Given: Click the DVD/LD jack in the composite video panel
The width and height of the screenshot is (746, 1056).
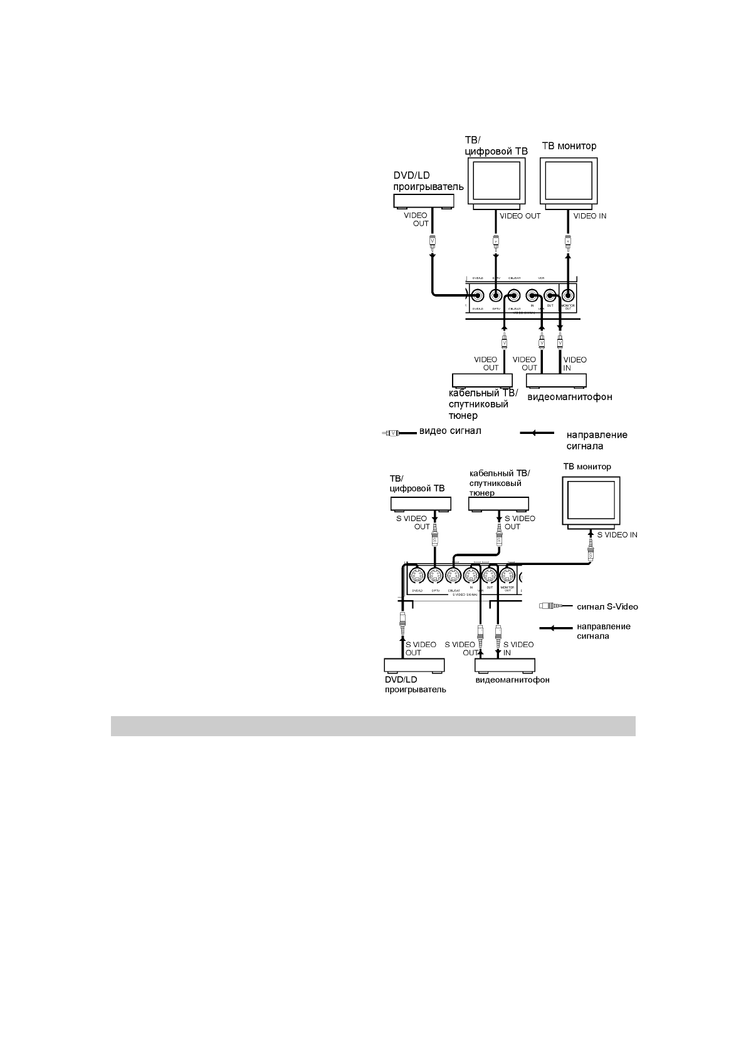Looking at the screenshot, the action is [478, 294].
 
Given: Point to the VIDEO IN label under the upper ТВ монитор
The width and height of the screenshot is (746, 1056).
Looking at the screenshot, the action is [590, 216].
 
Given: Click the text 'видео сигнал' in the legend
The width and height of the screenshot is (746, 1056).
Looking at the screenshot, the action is [450, 431].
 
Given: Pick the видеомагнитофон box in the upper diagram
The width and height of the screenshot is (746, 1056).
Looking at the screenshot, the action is [557, 381].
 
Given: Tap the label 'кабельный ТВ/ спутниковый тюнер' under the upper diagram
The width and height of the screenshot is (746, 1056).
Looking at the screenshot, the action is [483, 404].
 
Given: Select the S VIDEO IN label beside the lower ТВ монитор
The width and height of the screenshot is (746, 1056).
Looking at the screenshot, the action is [617, 535].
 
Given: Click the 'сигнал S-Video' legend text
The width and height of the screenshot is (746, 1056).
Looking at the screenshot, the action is [607, 606].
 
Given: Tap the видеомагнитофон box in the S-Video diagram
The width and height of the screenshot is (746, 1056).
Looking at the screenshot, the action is [505, 665].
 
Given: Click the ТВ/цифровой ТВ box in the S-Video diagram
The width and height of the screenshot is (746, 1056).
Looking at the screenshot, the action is [421, 504].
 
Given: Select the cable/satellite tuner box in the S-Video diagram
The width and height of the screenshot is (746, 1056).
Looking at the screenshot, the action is [498, 504].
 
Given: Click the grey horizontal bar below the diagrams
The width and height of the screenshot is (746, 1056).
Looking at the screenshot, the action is [373, 726].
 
